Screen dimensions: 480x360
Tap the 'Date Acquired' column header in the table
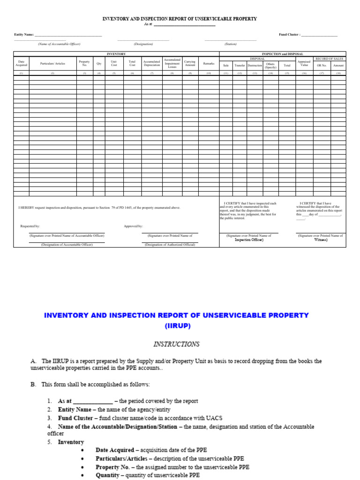(21, 63)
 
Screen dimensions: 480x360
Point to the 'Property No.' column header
(84, 63)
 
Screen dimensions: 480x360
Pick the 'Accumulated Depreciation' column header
(151, 63)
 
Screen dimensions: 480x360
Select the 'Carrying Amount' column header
(190, 63)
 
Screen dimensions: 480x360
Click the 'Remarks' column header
(209, 63)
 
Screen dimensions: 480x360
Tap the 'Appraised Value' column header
(304, 63)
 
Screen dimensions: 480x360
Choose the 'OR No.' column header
(322, 66)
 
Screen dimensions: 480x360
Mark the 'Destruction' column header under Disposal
(255, 66)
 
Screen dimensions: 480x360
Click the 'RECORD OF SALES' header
(330, 59)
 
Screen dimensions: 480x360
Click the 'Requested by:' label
(30, 226)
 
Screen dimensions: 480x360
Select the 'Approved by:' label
(133, 226)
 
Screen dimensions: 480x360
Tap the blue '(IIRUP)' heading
(177, 325)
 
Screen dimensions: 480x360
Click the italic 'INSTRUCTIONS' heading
(176, 344)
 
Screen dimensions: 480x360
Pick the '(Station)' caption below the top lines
(231, 44)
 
